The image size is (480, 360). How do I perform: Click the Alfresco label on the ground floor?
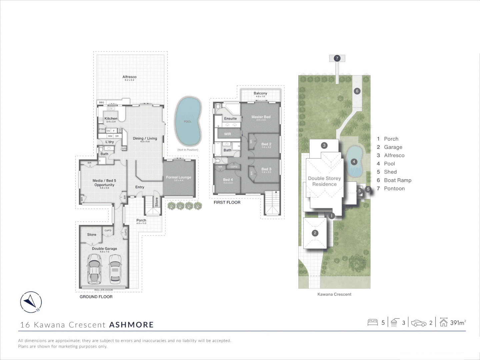click(x=129, y=77)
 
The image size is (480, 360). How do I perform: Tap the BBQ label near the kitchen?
click(x=102, y=102)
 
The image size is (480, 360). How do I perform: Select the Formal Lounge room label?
click(x=179, y=177)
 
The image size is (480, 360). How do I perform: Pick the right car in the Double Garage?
click(x=115, y=268)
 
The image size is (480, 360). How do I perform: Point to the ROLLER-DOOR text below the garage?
click(x=104, y=290)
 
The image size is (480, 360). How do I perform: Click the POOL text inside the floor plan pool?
click(x=188, y=122)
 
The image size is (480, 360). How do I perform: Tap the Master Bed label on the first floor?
click(x=261, y=117)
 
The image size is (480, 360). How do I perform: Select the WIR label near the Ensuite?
click(x=227, y=134)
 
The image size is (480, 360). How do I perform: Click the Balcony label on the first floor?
click(x=260, y=93)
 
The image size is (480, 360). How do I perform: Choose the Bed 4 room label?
click(x=228, y=180)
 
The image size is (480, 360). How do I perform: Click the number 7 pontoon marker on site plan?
click(x=337, y=58)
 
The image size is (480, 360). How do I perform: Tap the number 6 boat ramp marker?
click(x=357, y=91)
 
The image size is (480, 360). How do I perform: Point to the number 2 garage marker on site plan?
click(x=315, y=233)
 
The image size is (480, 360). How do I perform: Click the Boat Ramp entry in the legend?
click(x=398, y=180)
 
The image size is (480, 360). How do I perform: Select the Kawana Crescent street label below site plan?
click(x=334, y=294)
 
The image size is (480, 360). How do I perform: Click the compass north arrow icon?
click(x=31, y=302)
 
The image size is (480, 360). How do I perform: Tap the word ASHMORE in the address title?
click(x=131, y=325)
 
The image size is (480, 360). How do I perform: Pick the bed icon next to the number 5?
click(x=372, y=322)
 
